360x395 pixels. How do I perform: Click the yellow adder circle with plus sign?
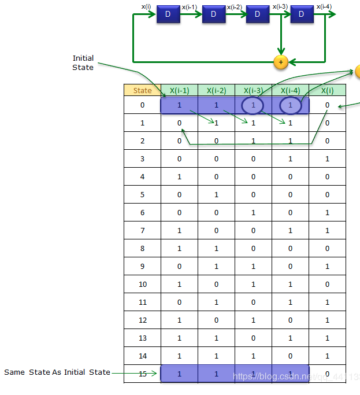[281, 61]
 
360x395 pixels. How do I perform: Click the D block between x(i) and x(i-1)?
[168, 14]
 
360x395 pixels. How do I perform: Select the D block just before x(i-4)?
[301, 14]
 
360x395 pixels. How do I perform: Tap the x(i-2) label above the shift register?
[234, 7]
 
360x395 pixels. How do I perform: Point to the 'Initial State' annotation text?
[83, 62]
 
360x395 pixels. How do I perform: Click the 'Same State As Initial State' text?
[57, 372]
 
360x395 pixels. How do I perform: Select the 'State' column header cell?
[142, 90]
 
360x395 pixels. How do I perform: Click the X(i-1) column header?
[179, 90]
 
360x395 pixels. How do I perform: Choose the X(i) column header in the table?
[327, 90]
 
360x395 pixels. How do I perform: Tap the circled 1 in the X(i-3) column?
[253, 105]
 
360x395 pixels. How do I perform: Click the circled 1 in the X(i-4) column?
[290, 105]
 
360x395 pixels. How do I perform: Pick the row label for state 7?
[142, 231]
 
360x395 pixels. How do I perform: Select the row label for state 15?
[142, 374]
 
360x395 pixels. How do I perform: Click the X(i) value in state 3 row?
[327, 159]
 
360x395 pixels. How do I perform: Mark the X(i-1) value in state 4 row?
[179, 177]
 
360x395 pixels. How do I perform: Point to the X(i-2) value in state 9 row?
[216, 267]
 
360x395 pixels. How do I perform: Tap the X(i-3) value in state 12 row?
[253, 320]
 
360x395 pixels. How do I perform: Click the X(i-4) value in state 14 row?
[290, 356]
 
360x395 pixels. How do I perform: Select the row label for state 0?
[142, 105]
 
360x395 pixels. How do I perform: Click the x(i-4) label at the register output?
[324, 7]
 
